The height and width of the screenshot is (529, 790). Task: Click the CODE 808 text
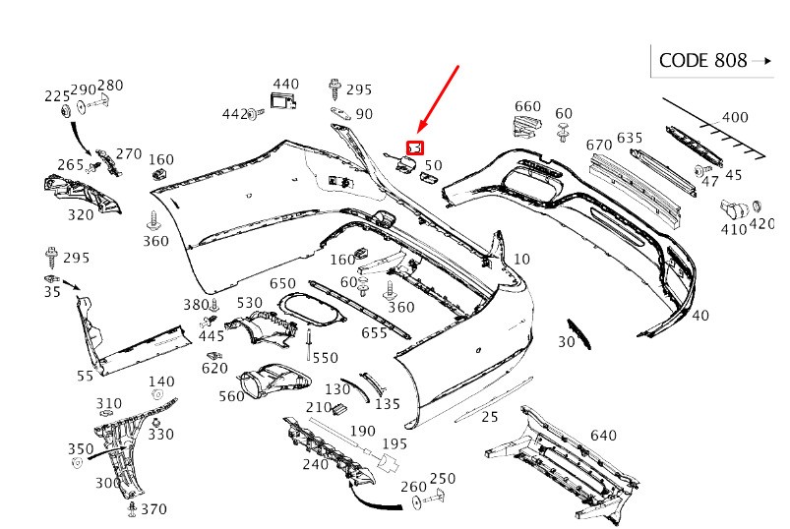point(702,61)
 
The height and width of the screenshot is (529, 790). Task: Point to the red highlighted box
point(415,148)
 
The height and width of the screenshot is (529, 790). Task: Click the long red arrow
point(439,98)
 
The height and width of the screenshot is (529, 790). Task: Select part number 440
point(285,85)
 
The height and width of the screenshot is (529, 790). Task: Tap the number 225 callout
point(57,96)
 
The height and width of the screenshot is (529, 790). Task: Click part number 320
point(81,214)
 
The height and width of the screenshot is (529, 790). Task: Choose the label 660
point(527,107)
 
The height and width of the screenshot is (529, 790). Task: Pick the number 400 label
point(734,118)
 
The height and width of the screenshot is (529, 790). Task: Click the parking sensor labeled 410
point(731,208)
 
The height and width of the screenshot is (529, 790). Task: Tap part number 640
point(602,436)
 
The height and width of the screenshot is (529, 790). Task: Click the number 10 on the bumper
point(521,260)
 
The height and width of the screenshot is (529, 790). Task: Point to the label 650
point(282,284)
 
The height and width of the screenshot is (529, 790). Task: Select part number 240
point(315,464)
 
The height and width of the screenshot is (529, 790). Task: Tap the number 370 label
point(153,509)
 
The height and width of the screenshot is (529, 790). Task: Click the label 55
point(85,376)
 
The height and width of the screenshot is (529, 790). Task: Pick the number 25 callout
point(490,417)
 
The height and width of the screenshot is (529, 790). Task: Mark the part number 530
point(250,303)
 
